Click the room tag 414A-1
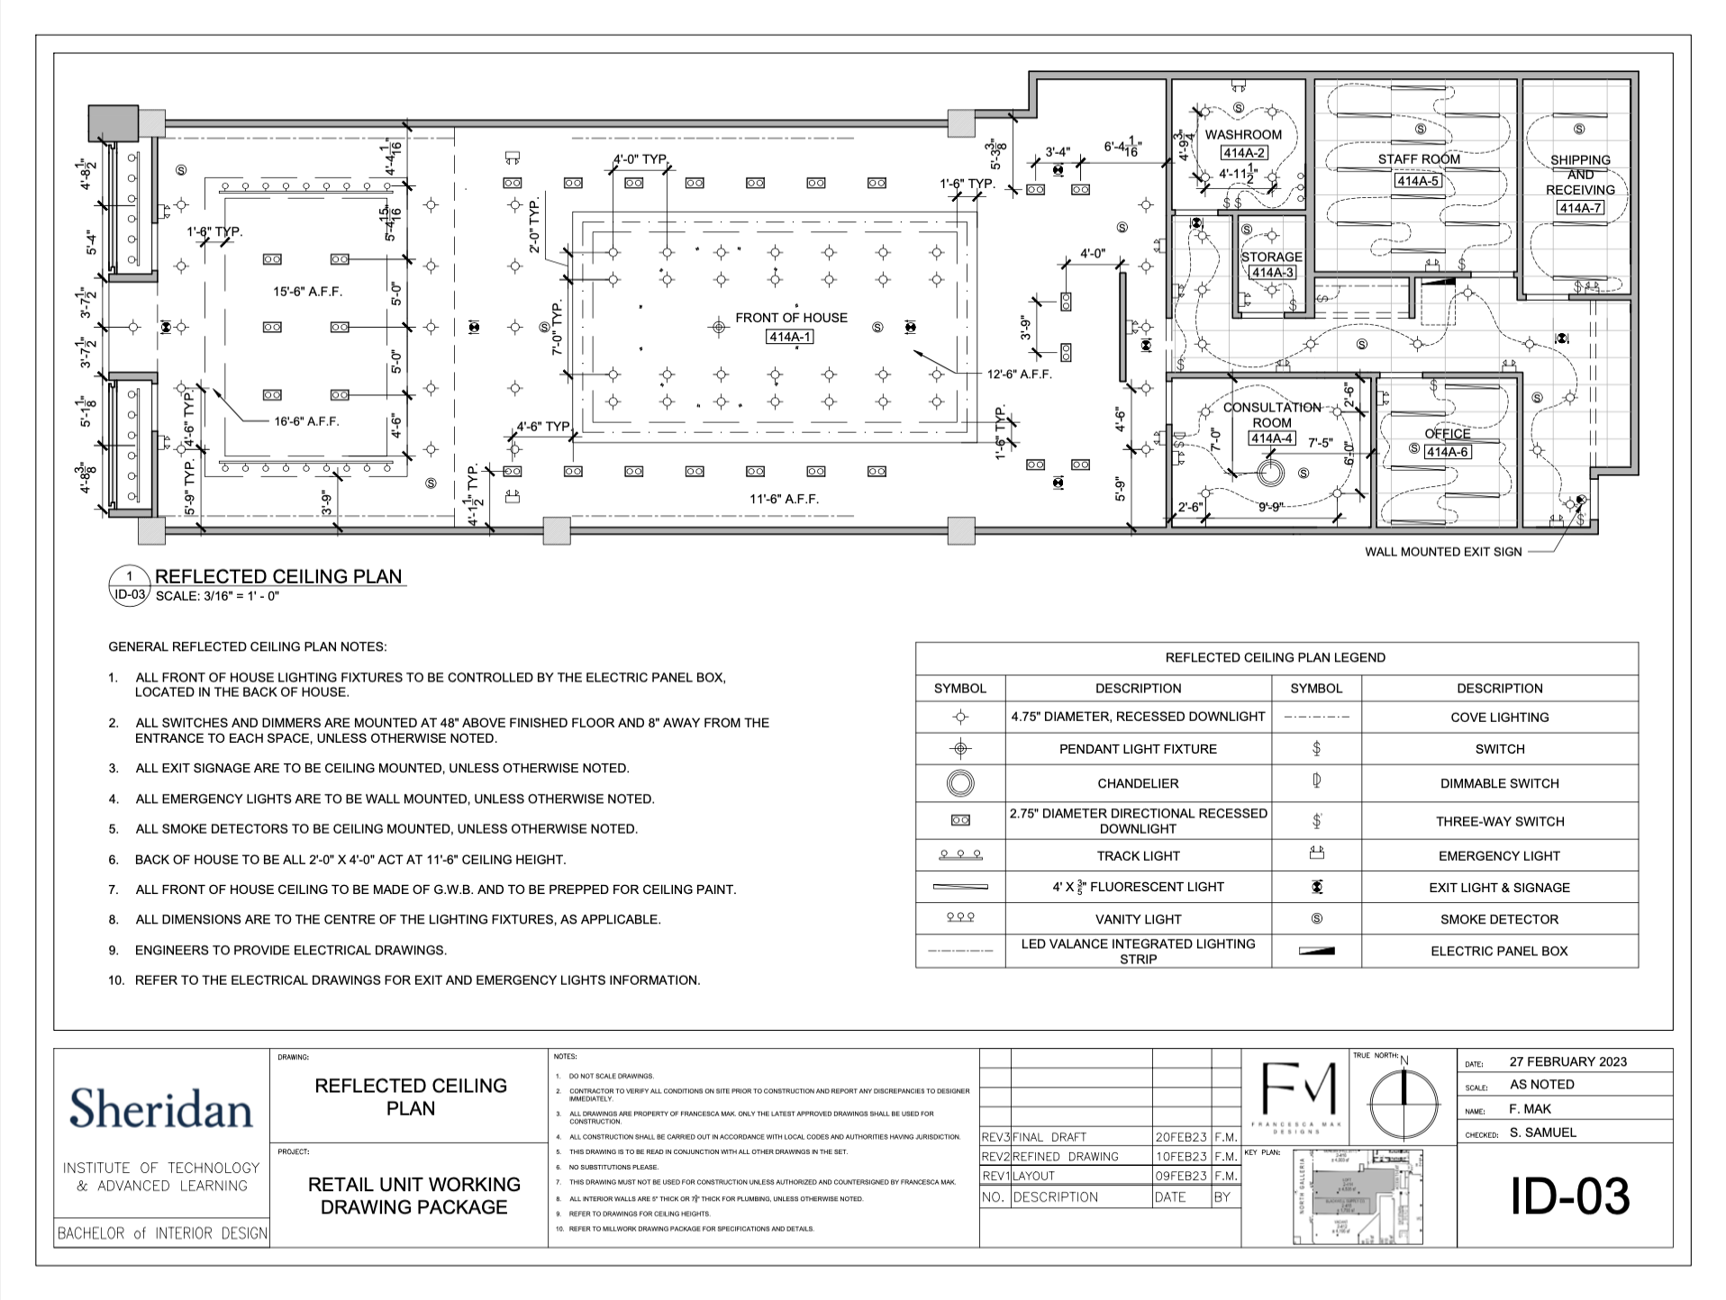click(x=790, y=337)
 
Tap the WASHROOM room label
click(x=1243, y=135)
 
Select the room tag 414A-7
click(x=1580, y=208)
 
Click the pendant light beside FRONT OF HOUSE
click(x=718, y=327)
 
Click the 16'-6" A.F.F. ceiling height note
click(x=307, y=420)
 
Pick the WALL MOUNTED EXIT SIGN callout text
click(x=1443, y=552)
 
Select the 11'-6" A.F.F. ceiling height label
click(x=785, y=499)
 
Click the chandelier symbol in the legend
click(x=960, y=783)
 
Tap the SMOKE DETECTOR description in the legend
click(x=1499, y=919)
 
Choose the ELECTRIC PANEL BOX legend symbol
click(x=1316, y=951)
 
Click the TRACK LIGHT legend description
click(x=1138, y=856)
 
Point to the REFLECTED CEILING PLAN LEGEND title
click(x=1276, y=657)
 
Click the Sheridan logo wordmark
click(x=161, y=1107)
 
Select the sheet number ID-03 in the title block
click(x=1569, y=1196)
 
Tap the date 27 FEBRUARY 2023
click(x=1568, y=1061)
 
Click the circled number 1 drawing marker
click(x=130, y=576)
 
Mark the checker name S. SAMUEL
click(x=1543, y=1133)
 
